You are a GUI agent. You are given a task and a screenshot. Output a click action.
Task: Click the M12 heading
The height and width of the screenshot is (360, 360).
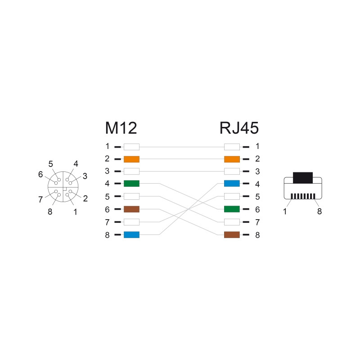[121, 128]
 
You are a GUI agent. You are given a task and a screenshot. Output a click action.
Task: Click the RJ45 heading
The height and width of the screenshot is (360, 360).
[239, 128]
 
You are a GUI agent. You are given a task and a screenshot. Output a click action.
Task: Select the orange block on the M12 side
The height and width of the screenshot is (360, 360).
[131, 159]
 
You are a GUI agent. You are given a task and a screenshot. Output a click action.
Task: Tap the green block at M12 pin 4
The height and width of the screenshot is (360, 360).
[131, 184]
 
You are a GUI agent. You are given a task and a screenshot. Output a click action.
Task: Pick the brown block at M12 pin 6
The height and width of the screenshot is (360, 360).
[131, 209]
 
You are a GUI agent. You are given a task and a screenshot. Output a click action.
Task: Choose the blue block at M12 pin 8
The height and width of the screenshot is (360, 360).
[131, 234]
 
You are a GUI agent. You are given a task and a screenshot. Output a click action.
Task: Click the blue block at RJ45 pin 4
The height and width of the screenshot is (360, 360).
[232, 184]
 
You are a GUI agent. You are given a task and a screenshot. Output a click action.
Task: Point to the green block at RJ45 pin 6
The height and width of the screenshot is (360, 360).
[232, 209]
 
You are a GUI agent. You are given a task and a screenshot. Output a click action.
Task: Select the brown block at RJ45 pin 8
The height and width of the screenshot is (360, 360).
[232, 234]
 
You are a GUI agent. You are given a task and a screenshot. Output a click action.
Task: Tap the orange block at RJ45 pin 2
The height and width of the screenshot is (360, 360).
[232, 159]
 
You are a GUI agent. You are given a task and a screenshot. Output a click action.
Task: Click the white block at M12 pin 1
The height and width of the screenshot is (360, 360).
[131, 147]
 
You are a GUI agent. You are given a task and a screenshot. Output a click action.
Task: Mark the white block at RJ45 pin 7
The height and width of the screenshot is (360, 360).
[232, 222]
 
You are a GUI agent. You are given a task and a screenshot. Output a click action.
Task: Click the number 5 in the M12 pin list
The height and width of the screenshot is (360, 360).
[107, 197]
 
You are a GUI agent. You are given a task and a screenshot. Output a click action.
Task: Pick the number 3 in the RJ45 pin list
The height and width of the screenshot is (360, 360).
[257, 171]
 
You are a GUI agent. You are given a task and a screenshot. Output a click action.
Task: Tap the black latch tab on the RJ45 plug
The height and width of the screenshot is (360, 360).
[303, 178]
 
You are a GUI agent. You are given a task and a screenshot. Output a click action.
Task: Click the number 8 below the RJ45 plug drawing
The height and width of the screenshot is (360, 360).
[319, 211]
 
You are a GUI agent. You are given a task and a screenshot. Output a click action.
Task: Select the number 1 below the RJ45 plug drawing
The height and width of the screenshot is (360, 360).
[285, 211]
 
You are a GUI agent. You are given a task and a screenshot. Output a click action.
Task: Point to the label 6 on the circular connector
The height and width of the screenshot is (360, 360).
[40, 175]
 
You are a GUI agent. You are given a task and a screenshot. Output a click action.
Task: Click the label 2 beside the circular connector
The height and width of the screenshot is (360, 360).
[85, 198]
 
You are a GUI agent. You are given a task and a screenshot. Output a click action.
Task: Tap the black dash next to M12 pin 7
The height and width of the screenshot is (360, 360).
[117, 222]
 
